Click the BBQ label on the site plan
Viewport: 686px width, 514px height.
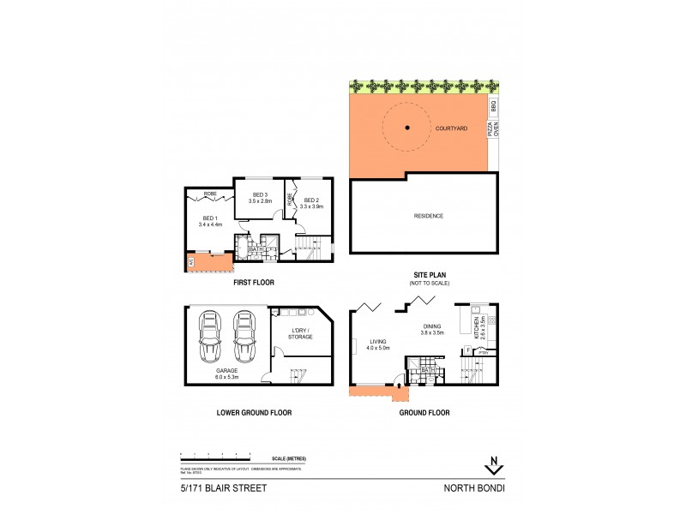click(492, 107)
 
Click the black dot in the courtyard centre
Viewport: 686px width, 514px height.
click(408, 128)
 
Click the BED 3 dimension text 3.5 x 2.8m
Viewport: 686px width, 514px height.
click(260, 200)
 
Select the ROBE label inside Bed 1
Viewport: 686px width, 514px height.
click(210, 194)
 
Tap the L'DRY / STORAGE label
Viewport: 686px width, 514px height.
click(299, 334)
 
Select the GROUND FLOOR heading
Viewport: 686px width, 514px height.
click(425, 412)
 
